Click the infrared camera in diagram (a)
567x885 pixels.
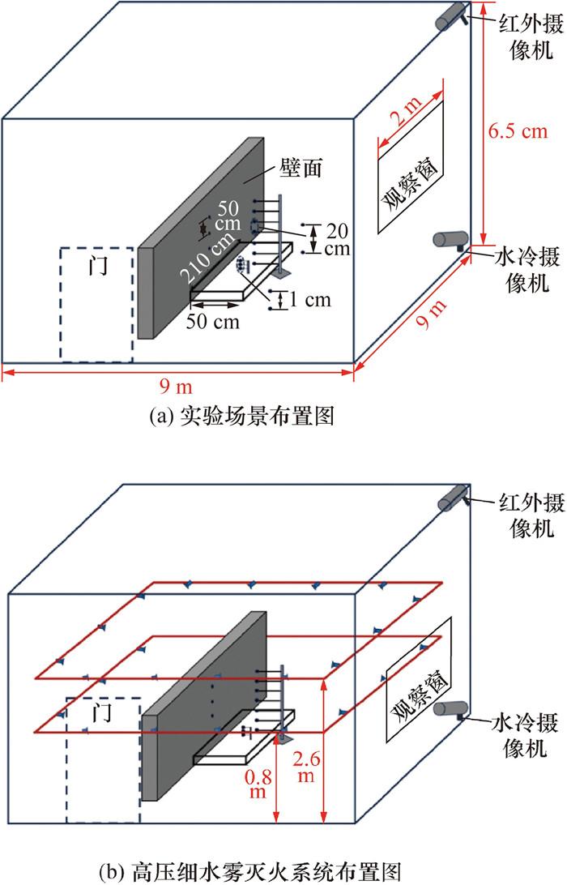[x=450, y=17]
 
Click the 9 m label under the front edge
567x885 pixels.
[x=177, y=385]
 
